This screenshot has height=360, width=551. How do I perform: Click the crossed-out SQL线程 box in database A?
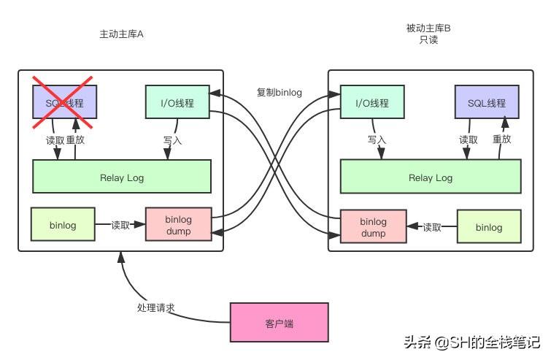(63, 102)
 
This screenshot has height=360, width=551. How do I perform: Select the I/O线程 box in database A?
(177, 102)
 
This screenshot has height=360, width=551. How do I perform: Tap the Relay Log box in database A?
(122, 176)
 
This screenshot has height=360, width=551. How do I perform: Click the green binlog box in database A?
(63, 224)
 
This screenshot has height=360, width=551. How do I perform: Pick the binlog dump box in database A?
(178, 225)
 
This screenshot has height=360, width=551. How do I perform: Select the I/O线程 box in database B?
(371, 102)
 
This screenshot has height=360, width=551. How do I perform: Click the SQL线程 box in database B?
(486, 102)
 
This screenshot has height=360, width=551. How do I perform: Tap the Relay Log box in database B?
(431, 177)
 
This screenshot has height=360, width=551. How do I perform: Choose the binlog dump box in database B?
(373, 227)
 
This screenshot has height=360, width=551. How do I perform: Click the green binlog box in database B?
(489, 227)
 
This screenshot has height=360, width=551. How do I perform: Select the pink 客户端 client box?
(278, 322)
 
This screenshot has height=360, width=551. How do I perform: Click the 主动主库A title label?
(122, 34)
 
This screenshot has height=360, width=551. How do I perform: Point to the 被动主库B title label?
(428, 28)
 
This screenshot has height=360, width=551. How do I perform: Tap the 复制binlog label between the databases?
(279, 93)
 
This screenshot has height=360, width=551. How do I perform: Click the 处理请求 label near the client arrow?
(155, 307)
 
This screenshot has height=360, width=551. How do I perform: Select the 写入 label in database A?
(172, 139)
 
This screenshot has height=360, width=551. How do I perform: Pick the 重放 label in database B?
(501, 139)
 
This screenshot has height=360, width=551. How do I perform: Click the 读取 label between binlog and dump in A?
(121, 225)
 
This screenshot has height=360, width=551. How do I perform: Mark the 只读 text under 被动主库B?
(428, 40)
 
